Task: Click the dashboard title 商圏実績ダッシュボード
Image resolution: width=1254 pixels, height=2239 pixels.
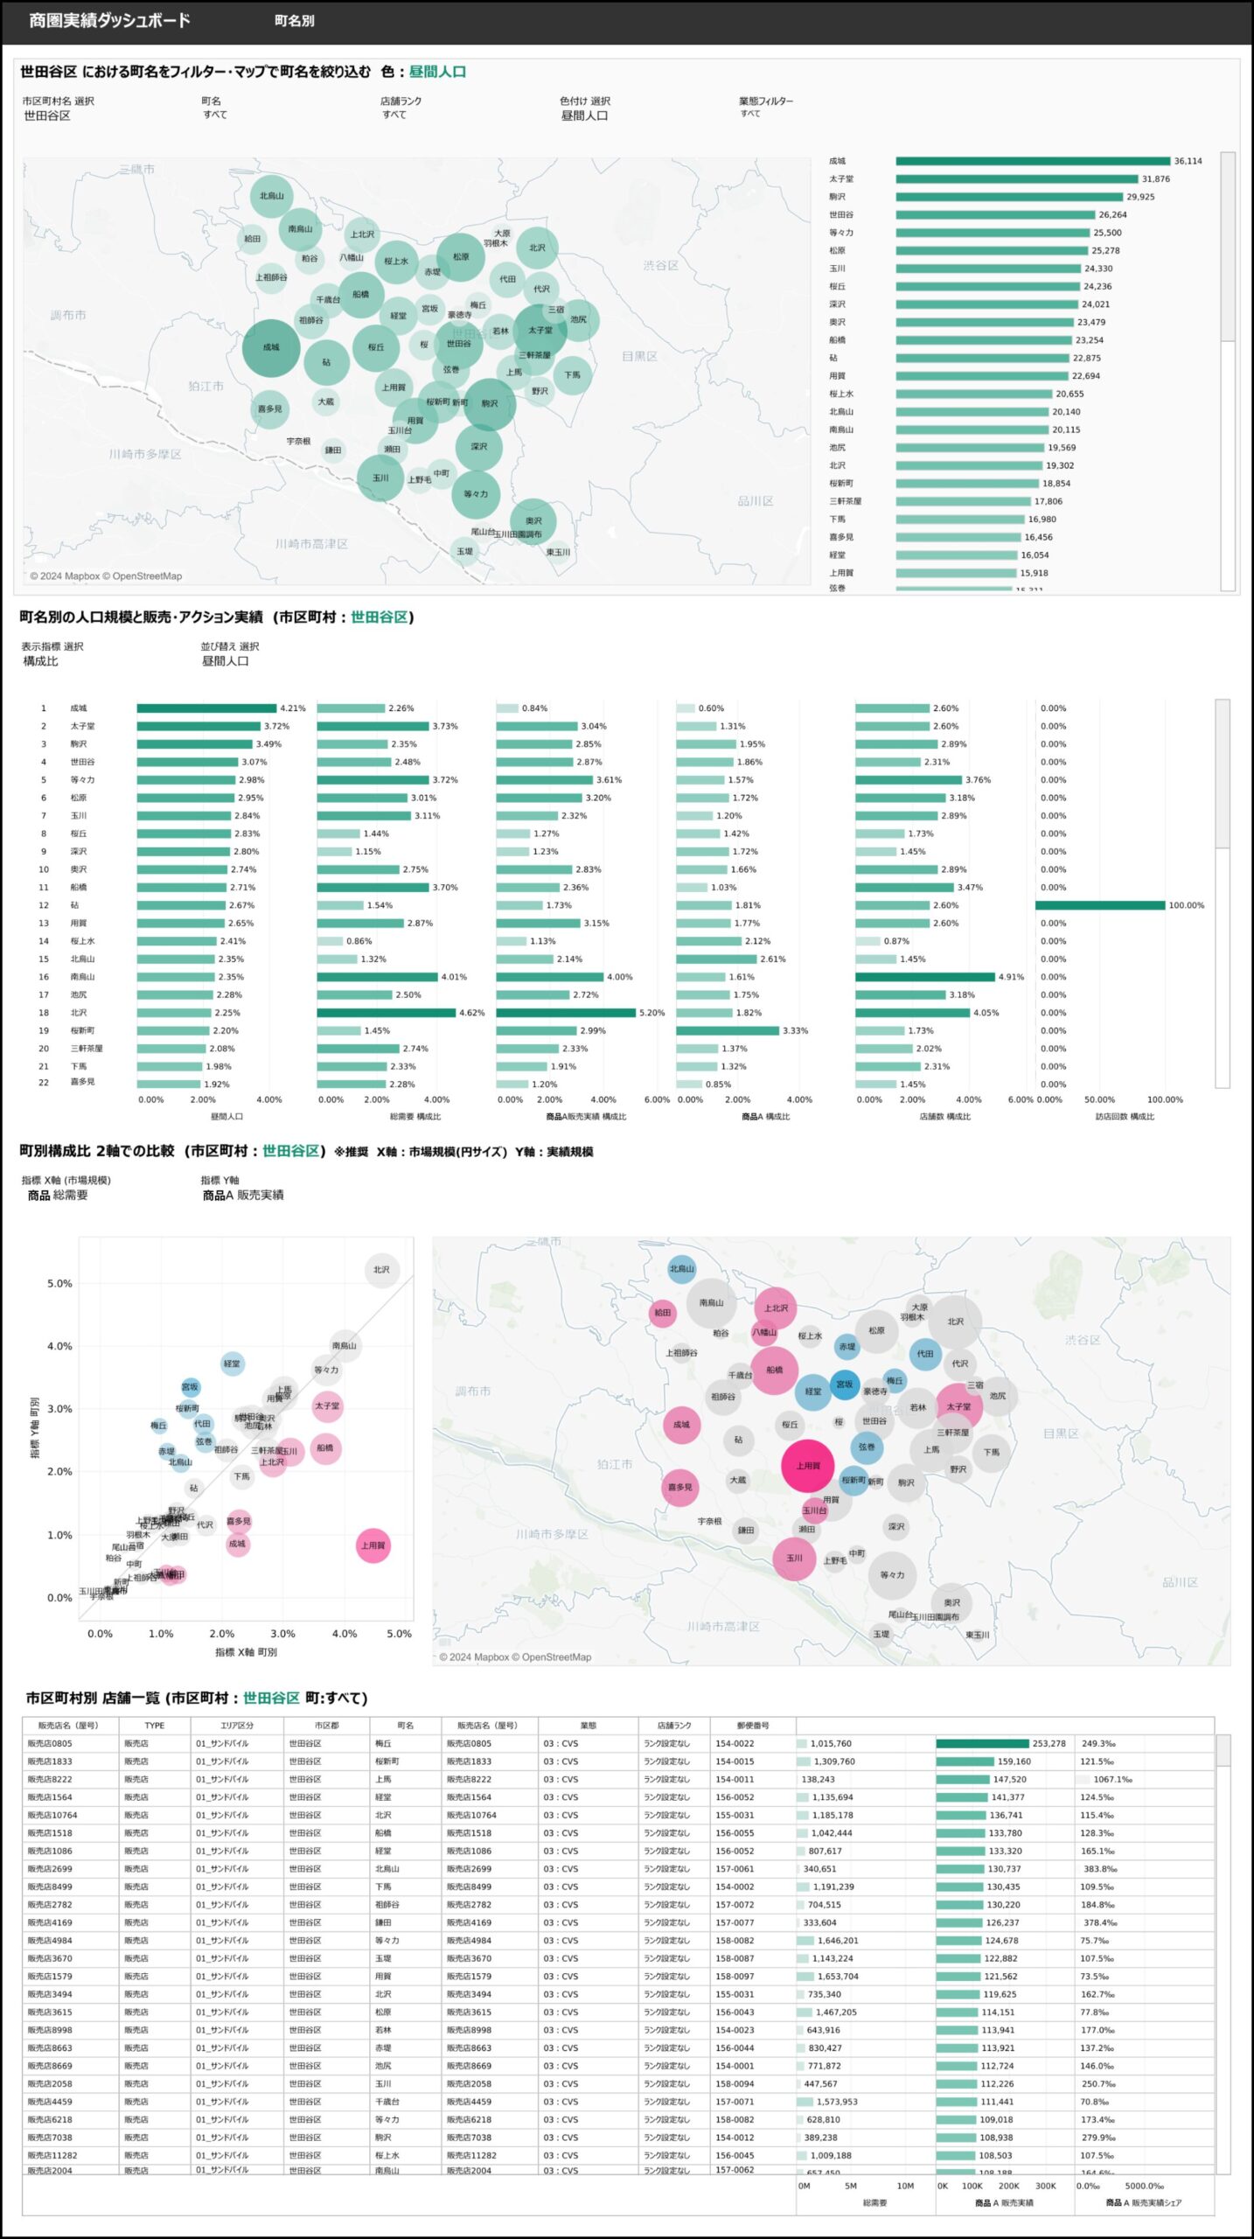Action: pos(109,20)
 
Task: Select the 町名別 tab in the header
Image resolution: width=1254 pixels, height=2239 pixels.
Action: pos(294,20)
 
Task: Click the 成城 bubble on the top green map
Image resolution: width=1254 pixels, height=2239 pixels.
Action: pos(271,347)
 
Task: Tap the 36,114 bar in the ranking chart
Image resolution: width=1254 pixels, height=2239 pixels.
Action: pos(1032,161)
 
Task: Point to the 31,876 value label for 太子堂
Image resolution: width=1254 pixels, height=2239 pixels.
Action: pos(1155,179)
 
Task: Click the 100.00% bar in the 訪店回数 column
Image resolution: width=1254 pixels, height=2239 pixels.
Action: pos(1099,905)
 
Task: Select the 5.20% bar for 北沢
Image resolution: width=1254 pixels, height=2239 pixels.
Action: pos(565,1013)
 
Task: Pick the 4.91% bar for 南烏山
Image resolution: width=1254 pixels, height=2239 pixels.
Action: pos(924,977)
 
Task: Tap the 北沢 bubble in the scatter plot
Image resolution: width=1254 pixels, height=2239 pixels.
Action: pos(382,1270)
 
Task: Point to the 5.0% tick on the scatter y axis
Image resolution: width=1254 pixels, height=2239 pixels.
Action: pos(59,1284)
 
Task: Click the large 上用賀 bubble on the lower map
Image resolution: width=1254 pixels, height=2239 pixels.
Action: pos(807,1466)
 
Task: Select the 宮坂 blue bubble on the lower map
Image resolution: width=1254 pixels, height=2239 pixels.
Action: pos(844,1385)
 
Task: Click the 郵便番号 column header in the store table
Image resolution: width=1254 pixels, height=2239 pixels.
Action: pos(753,1726)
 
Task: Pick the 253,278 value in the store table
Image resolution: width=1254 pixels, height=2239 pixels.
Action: pos(1048,1744)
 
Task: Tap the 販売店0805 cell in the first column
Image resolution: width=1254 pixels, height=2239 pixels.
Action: pos(50,1744)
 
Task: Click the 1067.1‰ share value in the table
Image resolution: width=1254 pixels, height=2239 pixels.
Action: pos(1112,1780)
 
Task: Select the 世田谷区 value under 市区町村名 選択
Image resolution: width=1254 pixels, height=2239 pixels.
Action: pos(47,115)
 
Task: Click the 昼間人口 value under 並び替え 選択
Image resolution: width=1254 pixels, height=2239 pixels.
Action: pos(226,661)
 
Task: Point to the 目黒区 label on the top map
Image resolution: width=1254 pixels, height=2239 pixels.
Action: pos(639,356)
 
